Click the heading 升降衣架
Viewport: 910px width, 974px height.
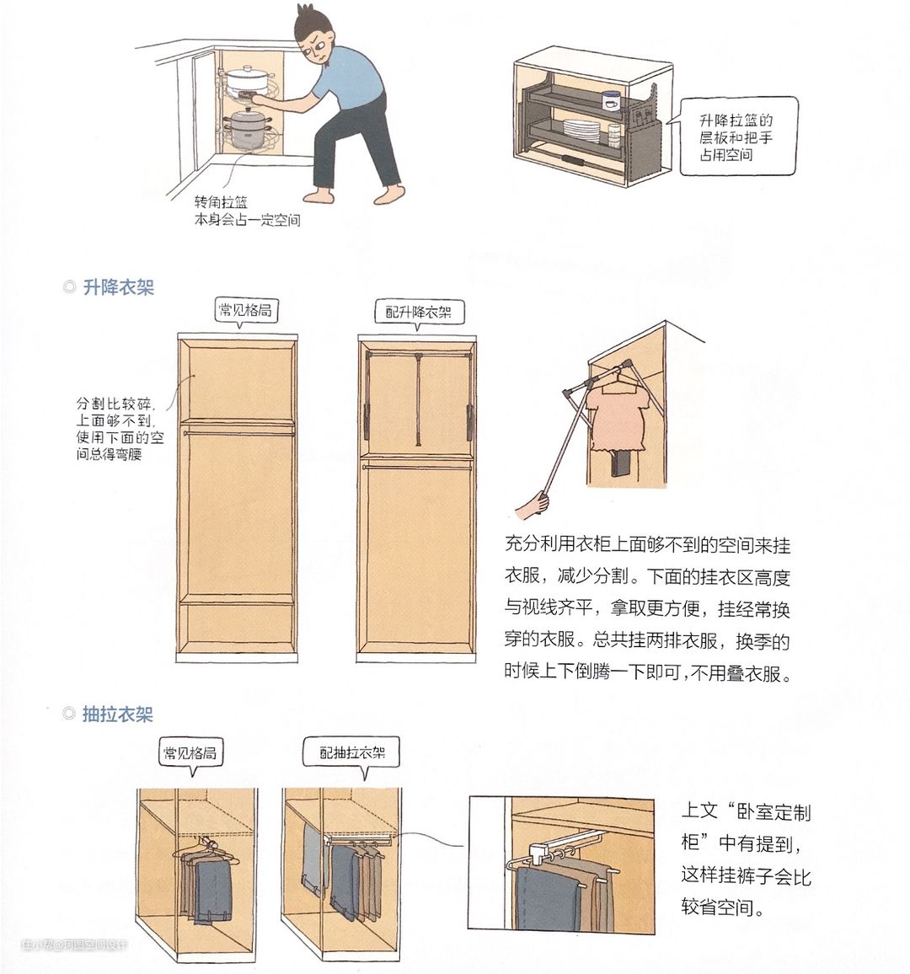[x=118, y=287]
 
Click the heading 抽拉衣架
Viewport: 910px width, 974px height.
[x=117, y=714]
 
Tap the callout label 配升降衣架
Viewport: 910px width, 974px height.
[x=418, y=312]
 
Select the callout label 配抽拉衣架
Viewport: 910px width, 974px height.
[x=352, y=753]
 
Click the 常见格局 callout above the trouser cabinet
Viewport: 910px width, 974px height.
[x=190, y=753]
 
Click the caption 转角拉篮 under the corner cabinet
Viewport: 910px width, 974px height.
[x=221, y=202]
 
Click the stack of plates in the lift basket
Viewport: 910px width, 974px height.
[x=581, y=131]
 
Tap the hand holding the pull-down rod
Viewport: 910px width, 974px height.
[x=533, y=505]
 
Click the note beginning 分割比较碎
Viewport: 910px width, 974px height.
[x=120, y=429]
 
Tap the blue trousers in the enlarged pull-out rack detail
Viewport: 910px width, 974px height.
[x=543, y=899]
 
